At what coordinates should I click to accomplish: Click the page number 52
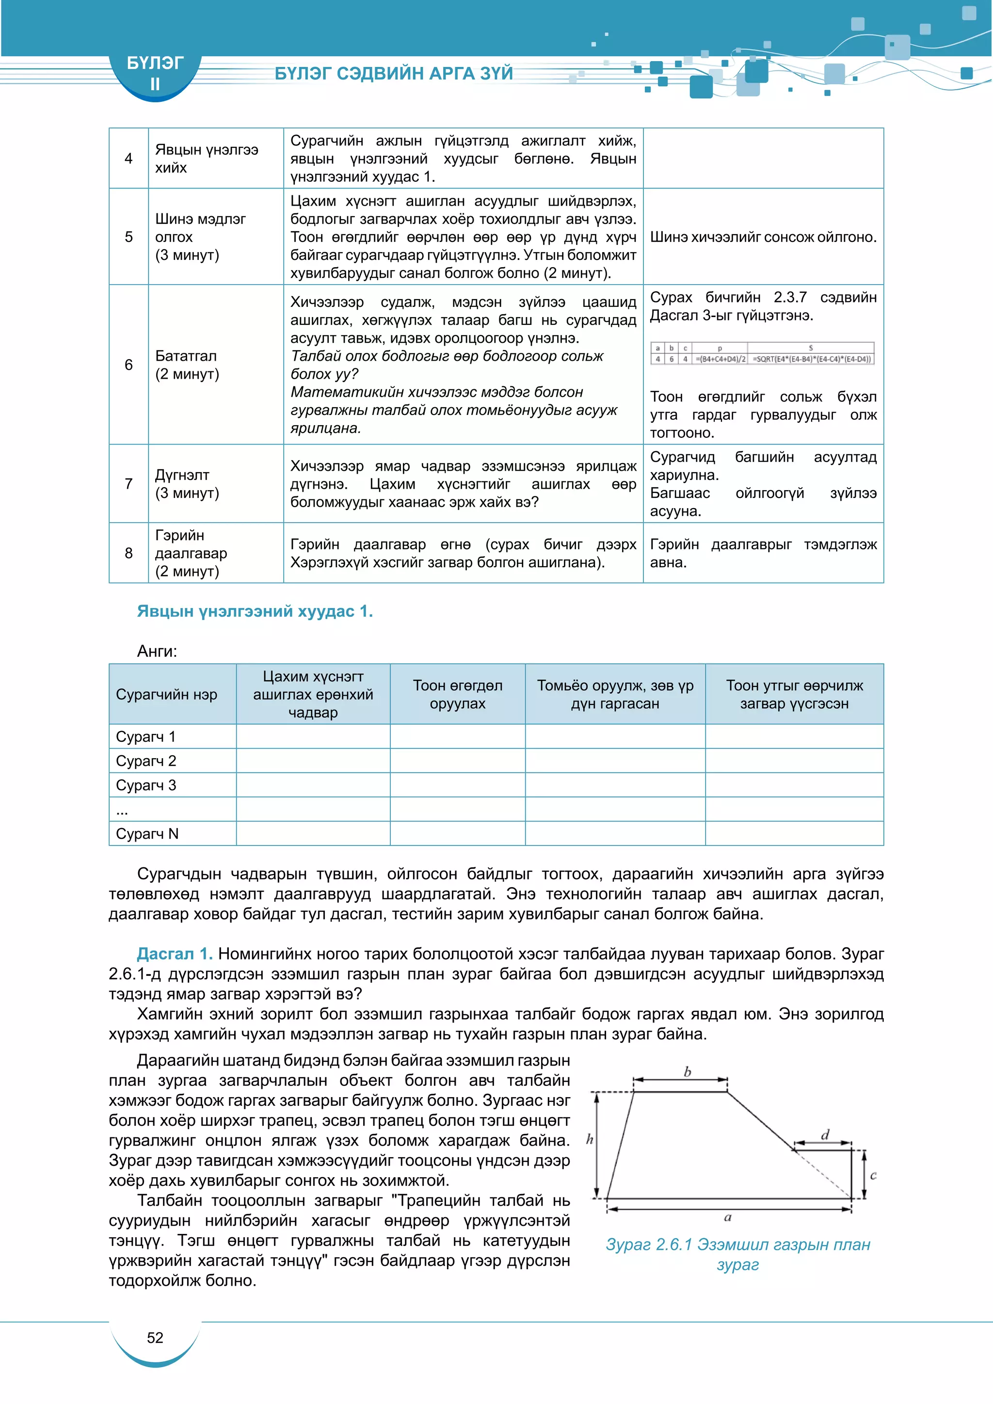[x=155, y=1338]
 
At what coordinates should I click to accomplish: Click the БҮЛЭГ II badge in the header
[x=155, y=73]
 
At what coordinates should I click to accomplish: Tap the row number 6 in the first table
[x=128, y=365]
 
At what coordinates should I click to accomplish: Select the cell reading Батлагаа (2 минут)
[x=187, y=365]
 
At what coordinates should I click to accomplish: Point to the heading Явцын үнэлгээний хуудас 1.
[x=255, y=611]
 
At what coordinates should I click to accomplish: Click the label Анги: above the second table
[x=157, y=651]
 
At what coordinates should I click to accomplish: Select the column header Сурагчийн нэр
[x=166, y=694]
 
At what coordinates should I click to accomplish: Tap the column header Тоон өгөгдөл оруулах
[x=457, y=694]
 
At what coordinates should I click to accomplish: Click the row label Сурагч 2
[x=145, y=761]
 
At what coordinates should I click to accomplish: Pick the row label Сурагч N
[x=147, y=833]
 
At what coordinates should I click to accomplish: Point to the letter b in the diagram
[x=687, y=1072]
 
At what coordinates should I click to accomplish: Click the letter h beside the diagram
[x=590, y=1139]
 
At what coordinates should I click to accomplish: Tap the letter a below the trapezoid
[x=728, y=1217]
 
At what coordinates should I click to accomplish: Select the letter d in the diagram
[x=825, y=1135]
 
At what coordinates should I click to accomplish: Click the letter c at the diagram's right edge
[x=873, y=1175]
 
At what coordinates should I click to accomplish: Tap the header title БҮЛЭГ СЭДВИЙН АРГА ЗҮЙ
[x=393, y=73]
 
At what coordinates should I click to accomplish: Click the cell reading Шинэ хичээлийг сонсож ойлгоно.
[x=763, y=237]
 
